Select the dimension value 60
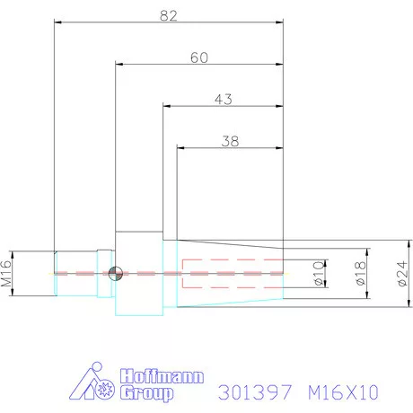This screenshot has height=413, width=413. coord(199,57)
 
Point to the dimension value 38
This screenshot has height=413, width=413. coord(229,141)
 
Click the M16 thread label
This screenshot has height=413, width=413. coord(6,272)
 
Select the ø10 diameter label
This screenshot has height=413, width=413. coord(318,273)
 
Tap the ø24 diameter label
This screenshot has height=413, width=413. coord(401,273)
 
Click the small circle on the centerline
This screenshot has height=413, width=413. coord(113,273)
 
